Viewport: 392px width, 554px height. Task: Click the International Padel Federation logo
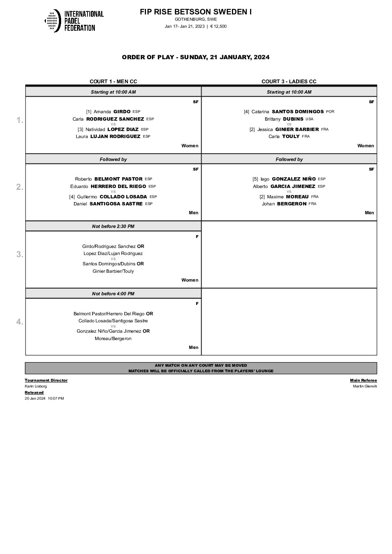[x=74, y=21]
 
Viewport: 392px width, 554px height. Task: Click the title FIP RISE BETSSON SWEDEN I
[x=196, y=12]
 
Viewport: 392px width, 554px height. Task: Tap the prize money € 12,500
[x=218, y=26]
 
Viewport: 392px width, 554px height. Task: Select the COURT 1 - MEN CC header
[x=113, y=81]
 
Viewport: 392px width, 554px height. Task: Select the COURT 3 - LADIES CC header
[x=289, y=81]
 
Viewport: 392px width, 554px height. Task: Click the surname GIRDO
[x=122, y=111]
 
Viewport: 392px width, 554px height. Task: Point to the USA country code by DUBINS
[x=309, y=119]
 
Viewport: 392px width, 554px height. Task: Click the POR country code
[x=330, y=112]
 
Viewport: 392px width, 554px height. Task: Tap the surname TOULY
[x=291, y=137]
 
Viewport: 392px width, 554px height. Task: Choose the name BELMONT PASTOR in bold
[x=119, y=179]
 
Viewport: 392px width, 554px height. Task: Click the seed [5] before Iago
[x=255, y=179]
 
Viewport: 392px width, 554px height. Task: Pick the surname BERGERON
[x=292, y=204]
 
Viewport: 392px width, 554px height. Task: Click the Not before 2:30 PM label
[x=113, y=226]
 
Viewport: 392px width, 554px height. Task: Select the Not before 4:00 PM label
[x=113, y=293]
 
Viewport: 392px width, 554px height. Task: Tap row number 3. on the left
[x=20, y=254]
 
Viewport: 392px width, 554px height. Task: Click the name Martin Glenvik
[x=365, y=386]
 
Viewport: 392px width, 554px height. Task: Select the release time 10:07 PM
[x=56, y=398]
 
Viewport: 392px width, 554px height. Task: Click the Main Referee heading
[x=363, y=380]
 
